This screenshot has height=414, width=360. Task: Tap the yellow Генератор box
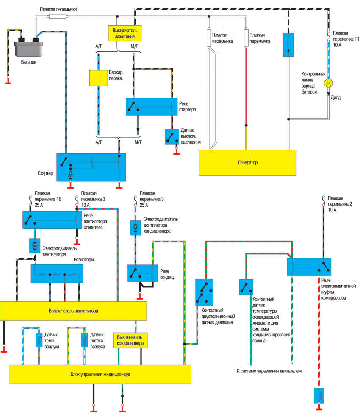point(248,162)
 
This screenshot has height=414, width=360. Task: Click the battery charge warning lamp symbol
point(328,83)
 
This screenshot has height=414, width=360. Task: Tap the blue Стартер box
point(91,167)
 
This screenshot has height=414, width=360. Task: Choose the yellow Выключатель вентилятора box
point(73,311)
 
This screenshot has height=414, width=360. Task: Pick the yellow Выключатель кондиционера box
point(130,339)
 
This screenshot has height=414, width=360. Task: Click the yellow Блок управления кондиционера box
point(100,374)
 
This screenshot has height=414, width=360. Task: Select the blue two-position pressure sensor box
point(204,292)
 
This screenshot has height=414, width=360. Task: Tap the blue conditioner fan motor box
point(136,228)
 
